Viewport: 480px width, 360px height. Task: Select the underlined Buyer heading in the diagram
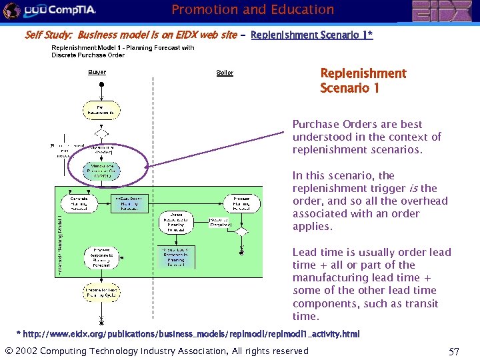[97, 72]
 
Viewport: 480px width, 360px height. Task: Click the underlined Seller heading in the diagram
[225, 72]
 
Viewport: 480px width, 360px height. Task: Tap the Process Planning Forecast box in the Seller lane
[242, 203]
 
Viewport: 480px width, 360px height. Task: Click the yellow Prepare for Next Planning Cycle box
[101, 293]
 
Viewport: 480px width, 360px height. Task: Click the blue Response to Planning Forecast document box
[176, 256]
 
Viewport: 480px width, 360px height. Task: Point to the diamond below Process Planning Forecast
[242, 232]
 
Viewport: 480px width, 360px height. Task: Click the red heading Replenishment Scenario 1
[363, 80]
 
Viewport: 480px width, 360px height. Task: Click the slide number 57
[453, 351]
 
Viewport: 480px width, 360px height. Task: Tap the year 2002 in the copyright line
[28, 351]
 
